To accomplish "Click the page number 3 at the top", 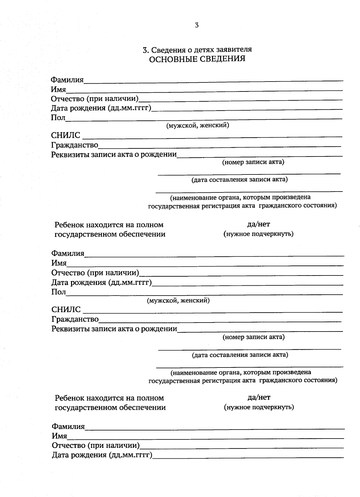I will point(197,25).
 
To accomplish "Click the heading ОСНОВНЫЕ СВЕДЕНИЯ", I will point(197,59).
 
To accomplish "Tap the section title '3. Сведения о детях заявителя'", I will point(197,49).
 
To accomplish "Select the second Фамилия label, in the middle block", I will point(68,253).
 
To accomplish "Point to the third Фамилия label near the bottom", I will point(68,426).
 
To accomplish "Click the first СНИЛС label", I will point(66,135).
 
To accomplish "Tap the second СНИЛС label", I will point(66,309).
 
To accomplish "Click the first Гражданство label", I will point(75,145).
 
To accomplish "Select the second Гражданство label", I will point(75,319).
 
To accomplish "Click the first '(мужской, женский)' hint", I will point(198,125).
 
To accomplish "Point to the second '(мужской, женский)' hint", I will point(178,300).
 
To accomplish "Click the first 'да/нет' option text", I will point(258,224).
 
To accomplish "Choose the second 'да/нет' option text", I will point(259,397).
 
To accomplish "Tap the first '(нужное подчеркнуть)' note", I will point(258,234).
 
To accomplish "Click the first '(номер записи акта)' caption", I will point(253,162).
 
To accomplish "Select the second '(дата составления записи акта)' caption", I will point(240,355).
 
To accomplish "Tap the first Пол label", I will point(58,118).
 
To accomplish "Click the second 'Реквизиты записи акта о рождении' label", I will point(114,329).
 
